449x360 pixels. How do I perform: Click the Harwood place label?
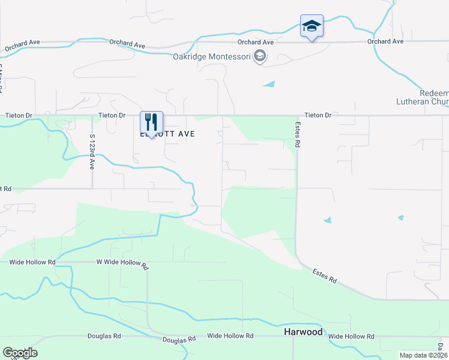(303, 332)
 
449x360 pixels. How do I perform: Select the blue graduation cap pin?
(312, 26)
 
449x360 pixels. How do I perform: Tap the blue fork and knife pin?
(151, 122)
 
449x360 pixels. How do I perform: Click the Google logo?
(20, 353)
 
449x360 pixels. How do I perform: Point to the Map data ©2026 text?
(423, 355)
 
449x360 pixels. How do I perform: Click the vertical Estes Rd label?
(297, 135)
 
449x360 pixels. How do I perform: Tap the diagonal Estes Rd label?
(325, 277)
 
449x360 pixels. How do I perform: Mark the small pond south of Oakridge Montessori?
(270, 84)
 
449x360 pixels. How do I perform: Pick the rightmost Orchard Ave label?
(385, 42)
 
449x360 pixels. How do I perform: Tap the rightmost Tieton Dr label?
(318, 115)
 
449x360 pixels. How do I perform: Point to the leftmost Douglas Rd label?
(105, 337)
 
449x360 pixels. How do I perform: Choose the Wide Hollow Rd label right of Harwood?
(351, 337)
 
